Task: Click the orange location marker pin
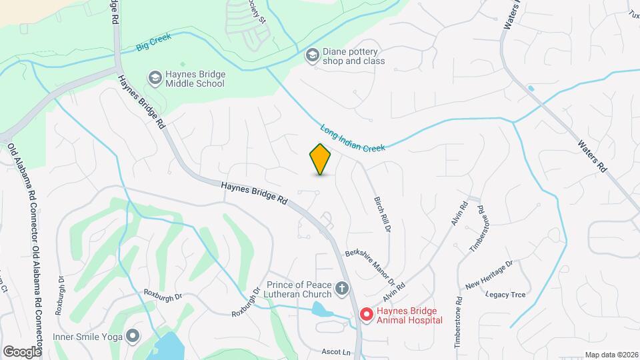pos(321,159)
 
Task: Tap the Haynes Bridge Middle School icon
pos(155,79)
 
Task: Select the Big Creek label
pos(153,41)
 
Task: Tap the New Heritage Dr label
pos(489,275)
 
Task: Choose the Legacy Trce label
pos(505,294)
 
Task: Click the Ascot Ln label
pos(335,351)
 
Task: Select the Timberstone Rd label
pos(459,320)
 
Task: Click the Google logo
pos(22,351)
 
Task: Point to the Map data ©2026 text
pos(611,355)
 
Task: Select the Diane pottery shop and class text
pos(354,56)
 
